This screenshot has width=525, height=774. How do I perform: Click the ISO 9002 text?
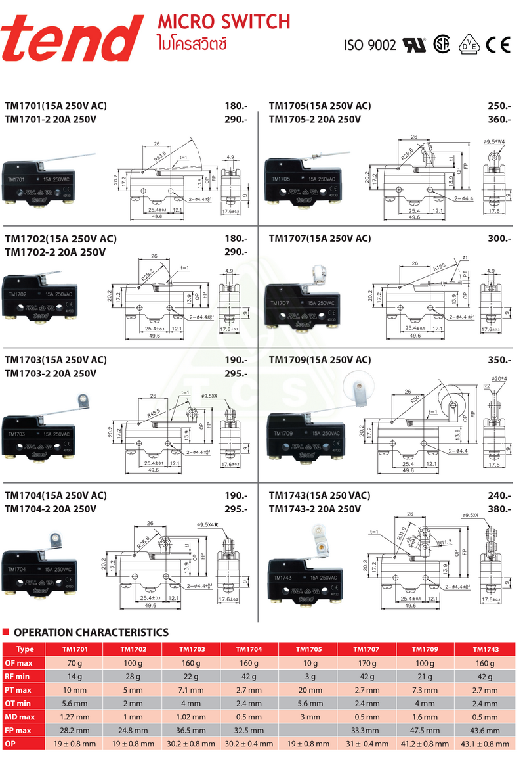tap(371, 45)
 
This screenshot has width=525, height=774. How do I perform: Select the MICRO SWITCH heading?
tap(224, 22)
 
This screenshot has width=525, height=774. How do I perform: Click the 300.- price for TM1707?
tap(499, 239)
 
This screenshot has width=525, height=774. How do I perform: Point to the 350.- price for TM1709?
tap(499, 360)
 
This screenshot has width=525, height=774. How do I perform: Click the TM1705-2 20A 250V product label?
tap(315, 119)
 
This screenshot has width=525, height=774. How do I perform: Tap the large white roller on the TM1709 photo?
tap(357, 384)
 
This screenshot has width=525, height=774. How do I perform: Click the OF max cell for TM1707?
tap(366, 663)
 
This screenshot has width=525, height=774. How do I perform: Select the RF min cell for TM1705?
tap(308, 677)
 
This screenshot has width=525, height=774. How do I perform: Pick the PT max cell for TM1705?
tap(308, 690)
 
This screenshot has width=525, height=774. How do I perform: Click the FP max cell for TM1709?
tap(425, 730)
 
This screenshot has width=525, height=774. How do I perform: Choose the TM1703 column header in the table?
tap(191, 649)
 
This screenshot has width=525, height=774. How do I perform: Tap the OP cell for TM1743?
tap(484, 744)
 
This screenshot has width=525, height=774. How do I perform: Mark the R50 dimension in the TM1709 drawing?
tap(415, 399)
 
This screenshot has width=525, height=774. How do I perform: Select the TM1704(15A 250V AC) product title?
tap(56, 495)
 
